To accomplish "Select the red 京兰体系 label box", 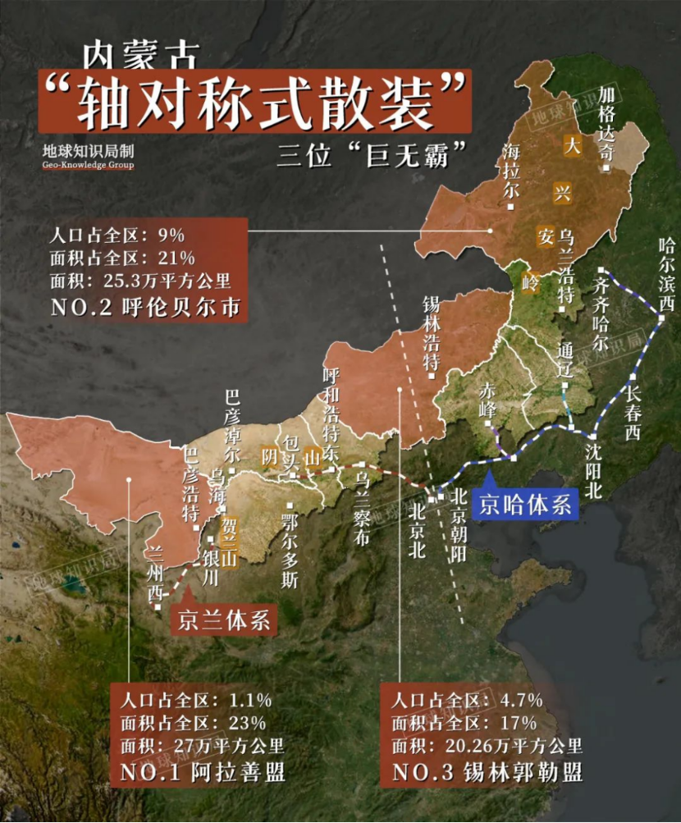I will (224, 620).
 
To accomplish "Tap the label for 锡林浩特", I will (432, 332).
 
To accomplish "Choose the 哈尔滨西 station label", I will (665, 275).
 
